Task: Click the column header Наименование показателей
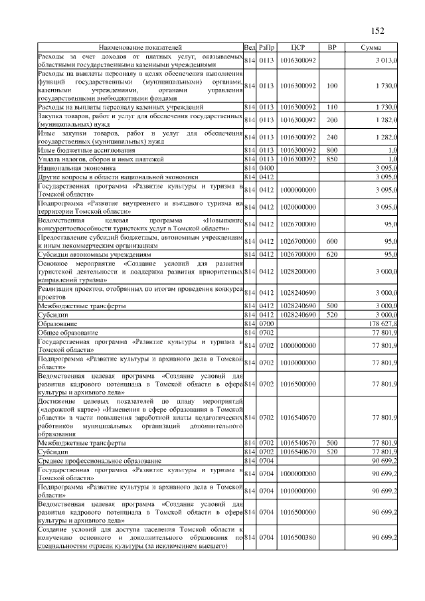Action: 139,48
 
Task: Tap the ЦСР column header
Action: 297,48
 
